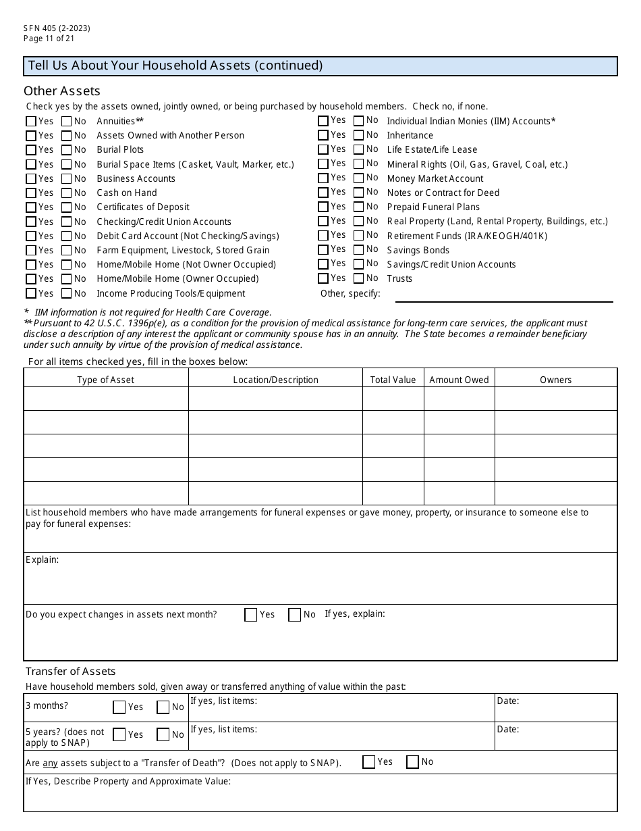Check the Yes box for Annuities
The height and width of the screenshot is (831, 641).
click(31, 122)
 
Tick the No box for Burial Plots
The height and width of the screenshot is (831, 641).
click(66, 150)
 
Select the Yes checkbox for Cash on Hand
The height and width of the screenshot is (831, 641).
click(31, 193)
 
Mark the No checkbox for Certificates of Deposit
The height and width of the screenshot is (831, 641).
click(66, 207)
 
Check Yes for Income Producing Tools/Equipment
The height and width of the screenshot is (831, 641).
click(31, 294)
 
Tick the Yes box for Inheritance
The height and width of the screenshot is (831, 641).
click(323, 135)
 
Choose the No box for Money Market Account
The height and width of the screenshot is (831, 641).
click(358, 178)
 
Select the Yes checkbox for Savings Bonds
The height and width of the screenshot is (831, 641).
click(323, 250)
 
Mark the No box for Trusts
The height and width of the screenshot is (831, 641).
click(358, 278)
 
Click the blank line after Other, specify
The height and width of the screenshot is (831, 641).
click(503, 295)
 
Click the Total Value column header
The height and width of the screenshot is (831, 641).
click(393, 380)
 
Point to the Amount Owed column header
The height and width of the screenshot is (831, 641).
click(459, 380)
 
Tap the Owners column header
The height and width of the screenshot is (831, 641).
click(555, 380)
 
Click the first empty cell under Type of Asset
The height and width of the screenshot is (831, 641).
click(106, 399)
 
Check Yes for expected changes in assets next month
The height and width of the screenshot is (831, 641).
click(251, 615)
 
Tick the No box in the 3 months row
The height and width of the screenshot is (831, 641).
click(163, 707)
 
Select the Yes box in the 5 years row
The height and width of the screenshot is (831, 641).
click(119, 734)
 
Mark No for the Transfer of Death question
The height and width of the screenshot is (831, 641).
click(413, 762)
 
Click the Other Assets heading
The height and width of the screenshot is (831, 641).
click(62, 91)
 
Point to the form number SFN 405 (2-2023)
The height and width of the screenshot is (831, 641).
click(57, 28)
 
